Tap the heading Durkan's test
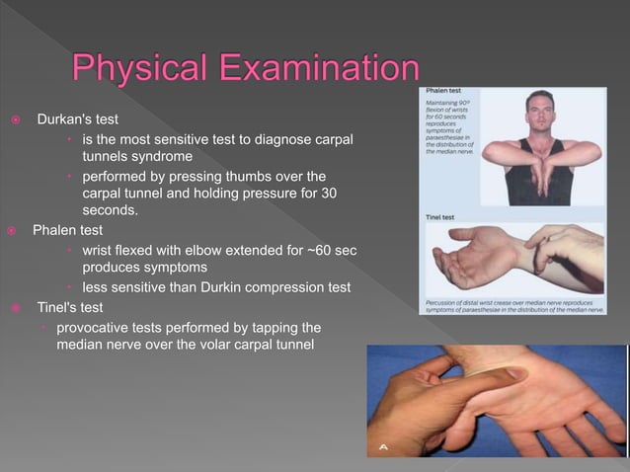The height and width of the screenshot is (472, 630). pos(77,119)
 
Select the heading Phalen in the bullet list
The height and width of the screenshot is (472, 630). pos(55,231)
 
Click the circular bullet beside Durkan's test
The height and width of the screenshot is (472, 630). pos(16,120)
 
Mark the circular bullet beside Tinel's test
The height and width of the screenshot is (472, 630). pos(16,307)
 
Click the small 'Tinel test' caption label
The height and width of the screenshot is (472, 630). pos(442,216)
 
